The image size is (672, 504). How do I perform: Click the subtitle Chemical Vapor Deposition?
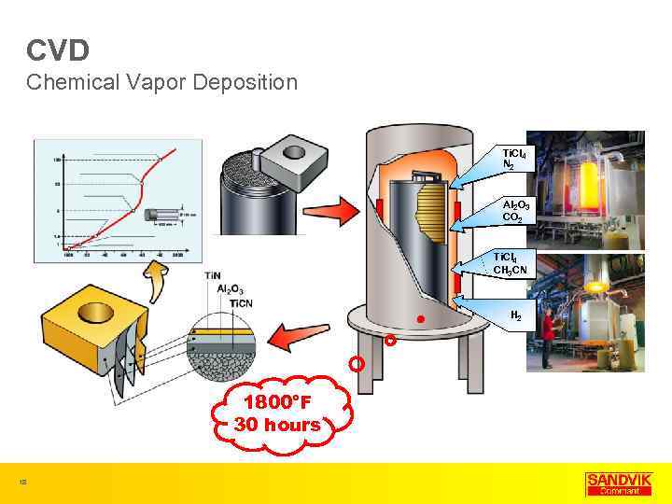(161, 82)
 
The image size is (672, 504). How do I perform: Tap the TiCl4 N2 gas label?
(513, 158)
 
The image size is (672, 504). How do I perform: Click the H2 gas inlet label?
(515, 315)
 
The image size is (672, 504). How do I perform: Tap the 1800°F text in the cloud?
(277, 403)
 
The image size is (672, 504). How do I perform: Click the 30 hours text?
(277, 425)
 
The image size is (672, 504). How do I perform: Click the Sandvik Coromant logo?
(619, 483)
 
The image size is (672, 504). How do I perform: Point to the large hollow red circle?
(356, 364)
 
